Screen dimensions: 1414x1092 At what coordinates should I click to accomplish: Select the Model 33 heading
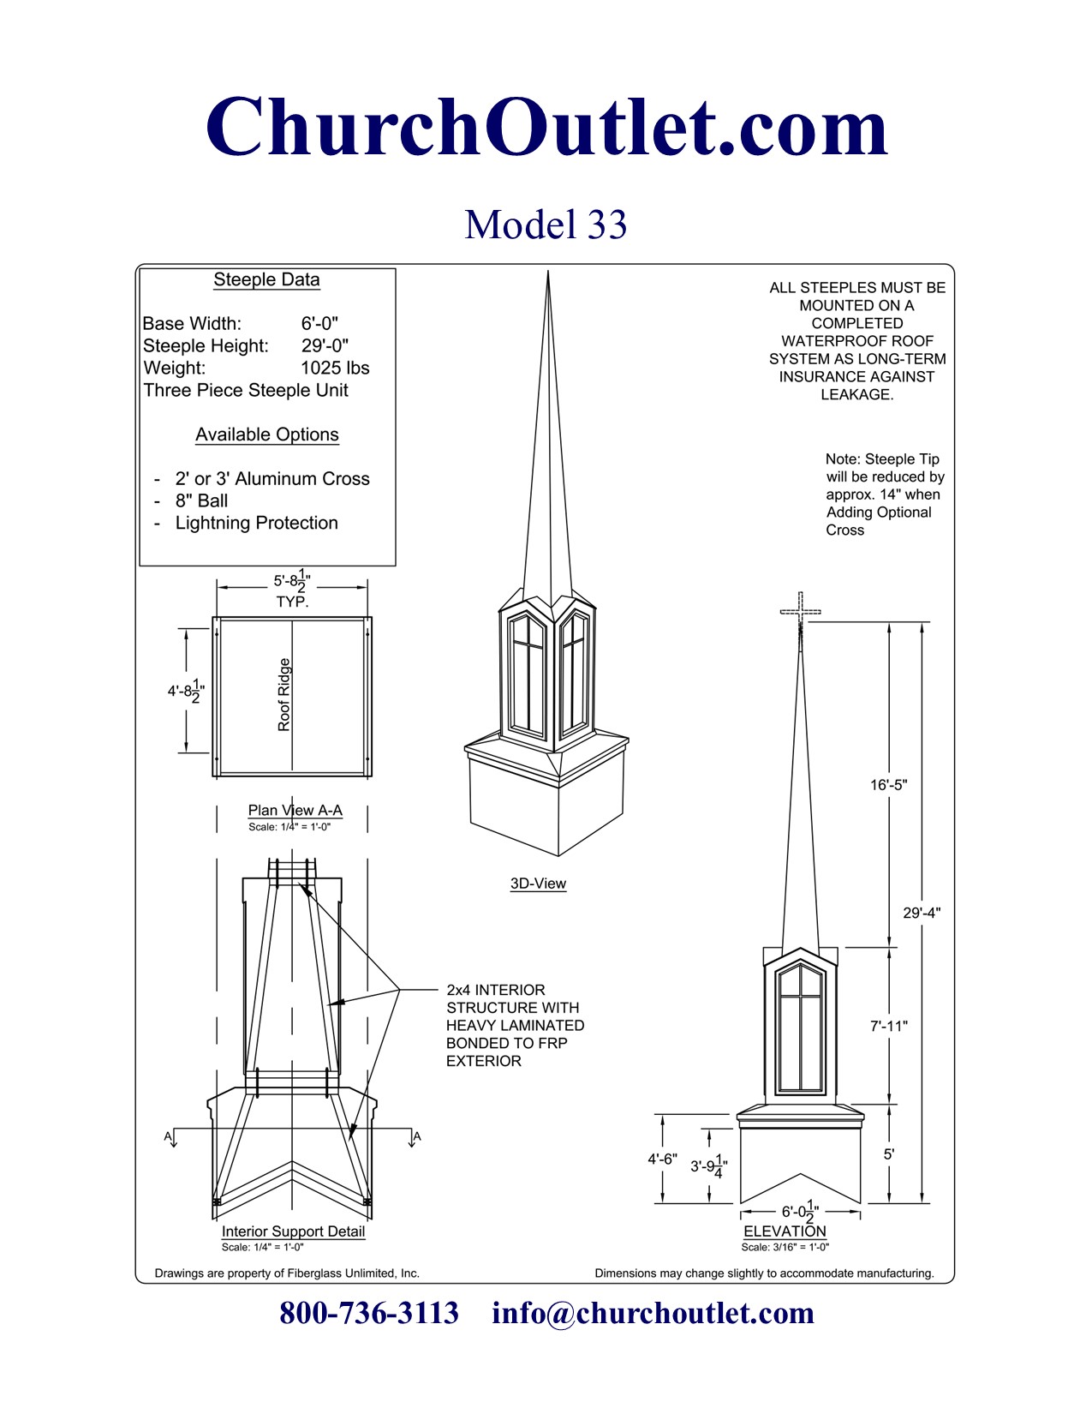[546, 225]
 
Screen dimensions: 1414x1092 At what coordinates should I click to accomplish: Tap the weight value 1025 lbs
[335, 368]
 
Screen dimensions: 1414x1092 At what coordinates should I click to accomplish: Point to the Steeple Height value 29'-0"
[325, 346]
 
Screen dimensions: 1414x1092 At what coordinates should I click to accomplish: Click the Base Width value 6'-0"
[319, 324]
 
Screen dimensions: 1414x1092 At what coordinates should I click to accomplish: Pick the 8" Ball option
[201, 501]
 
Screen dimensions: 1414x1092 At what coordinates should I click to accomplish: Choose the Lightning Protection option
[256, 524]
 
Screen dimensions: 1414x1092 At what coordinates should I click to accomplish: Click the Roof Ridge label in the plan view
[284, 694]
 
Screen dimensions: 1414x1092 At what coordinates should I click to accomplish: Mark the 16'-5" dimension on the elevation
[888, 785]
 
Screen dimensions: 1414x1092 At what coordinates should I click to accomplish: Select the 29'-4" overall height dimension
[922, 914]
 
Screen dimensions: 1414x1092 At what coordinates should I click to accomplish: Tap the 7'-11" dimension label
[888, 1026]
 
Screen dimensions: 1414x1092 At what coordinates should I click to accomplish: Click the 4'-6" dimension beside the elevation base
[662, 1159]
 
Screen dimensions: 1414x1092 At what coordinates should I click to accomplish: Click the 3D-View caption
[538, 884]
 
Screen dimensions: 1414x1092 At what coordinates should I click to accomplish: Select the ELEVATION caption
[785, 1231]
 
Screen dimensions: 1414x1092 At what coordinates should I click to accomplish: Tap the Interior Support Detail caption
[293, 1231]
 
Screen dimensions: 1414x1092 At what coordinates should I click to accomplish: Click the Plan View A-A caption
[295, 811]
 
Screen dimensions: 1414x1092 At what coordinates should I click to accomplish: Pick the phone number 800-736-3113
[369, 1313]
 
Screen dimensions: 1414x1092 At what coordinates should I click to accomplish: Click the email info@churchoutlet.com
[653, 1313]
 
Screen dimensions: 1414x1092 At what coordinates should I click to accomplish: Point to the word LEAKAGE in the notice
[856, 395]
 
